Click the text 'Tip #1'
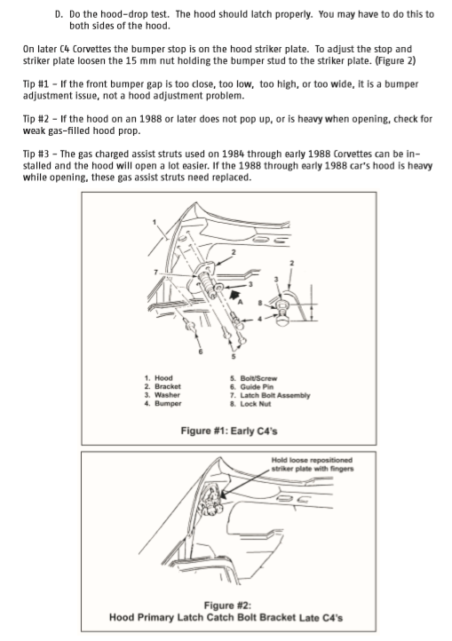(36, 84)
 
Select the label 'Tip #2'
(36, 119)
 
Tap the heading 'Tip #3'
(36, 154)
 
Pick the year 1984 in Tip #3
(234, 154)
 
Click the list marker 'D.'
(59, 14)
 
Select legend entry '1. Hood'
(158, 378)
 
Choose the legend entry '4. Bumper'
(163, 403)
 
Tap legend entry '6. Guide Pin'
(251, 387)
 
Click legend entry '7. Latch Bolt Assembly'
(270, 395)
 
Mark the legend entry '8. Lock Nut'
(250, 404)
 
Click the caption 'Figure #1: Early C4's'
(229, 431)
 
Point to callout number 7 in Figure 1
(155, 272)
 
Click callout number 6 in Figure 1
(201, 352)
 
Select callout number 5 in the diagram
(234, 357)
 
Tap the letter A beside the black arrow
(241, 302)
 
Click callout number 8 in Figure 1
(259, 303)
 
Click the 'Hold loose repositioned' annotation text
(312, 460)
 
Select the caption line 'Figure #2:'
(227, 605)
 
